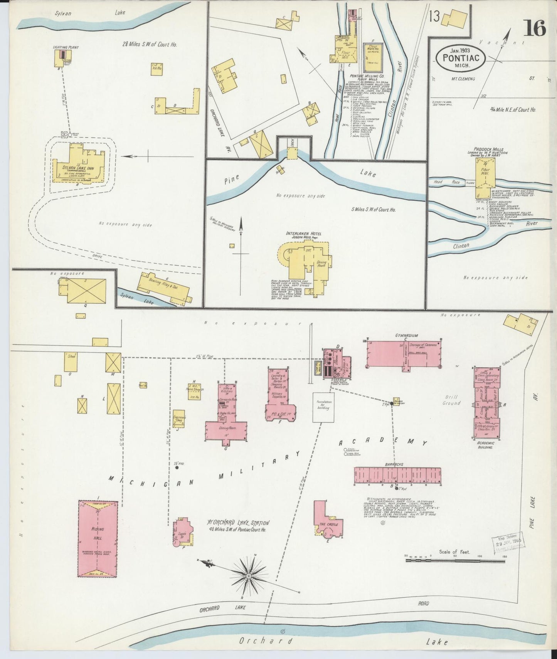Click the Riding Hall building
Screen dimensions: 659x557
pos(98,538)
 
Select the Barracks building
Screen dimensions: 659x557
pos(397,474)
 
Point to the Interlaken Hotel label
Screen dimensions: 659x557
pos(304,234)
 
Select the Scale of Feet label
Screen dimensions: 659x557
pos(454,552)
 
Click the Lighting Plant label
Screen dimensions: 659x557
pos(66,47)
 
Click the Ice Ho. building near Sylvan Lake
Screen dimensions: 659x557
pos(156,69)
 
